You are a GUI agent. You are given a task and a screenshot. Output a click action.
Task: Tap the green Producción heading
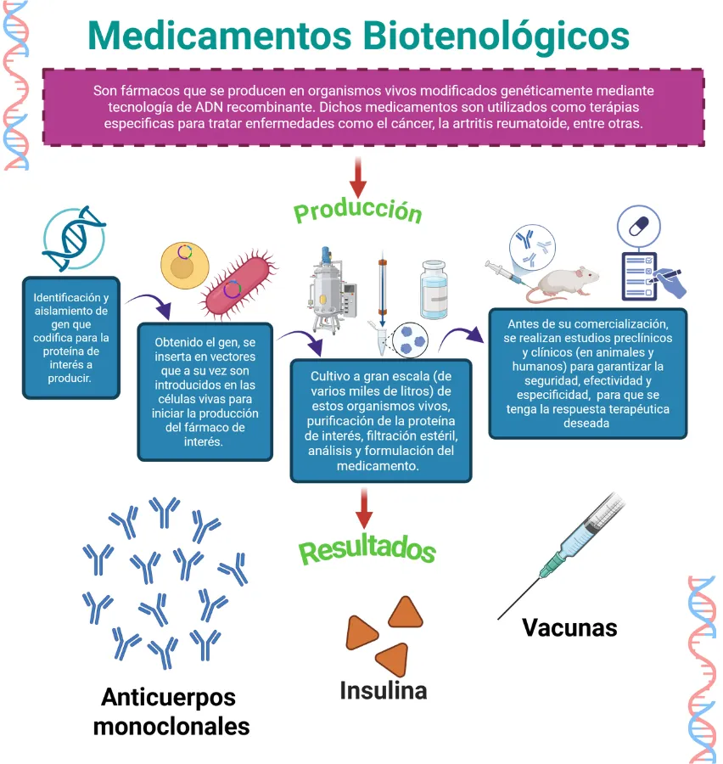pos(357,210)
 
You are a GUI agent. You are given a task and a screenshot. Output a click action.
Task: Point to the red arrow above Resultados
pos(364,508)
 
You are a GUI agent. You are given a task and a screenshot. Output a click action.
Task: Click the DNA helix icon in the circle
pos(73,233)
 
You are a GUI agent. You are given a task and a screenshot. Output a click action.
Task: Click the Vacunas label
pos(569,627)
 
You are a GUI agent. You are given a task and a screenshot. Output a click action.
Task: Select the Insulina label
pos(383,690)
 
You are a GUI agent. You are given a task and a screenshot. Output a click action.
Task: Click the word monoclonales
pos(171,727)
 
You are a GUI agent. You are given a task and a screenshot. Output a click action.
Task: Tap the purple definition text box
pos(373,107)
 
